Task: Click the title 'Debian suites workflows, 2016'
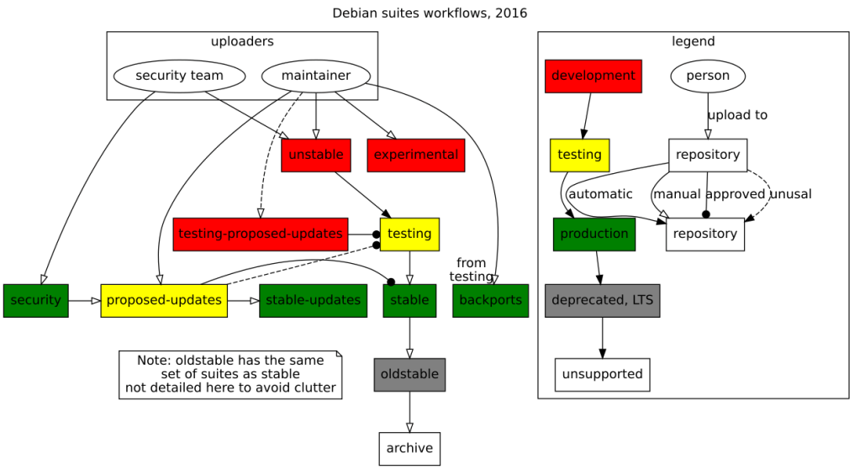pyautogui.click(x=430, y=13)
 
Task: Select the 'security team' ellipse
pyautogui.click(x=179, y=76)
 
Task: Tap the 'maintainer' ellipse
pyautogui.click(x=315, y=76)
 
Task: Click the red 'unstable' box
pyautogui.click(x=315, y=155)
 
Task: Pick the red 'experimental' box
pyautogui.click(x=415, y=155)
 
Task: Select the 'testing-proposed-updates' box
pyautogui.click(x=261, y=234)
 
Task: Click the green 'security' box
pyautogui.click(x=35, y=300)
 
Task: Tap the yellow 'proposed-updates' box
pyautogui.click(x=164, y=300)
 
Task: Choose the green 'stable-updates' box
pyautogui.click(x=313, y=300)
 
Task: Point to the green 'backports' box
pyautogui.click(x=490, y=300)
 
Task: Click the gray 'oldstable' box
pyautogui.click(x=409, y=374)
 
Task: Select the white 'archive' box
pyautogui.click(x=409, y=448)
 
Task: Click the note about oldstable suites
pyautogui.click(x=230, y=374)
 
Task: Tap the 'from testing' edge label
pyautogui.click(x=471, y=270)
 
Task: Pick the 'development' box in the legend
pyautogui.click(x=593, y=76)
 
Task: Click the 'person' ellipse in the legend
pyautogui.click(x=708, y=76)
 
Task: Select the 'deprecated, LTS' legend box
pyautogui.click(x=602, y=300)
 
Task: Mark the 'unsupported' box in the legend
pyautogui.click(x=602, y=374)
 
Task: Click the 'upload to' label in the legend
pyautogui.click(x=736, y=115)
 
